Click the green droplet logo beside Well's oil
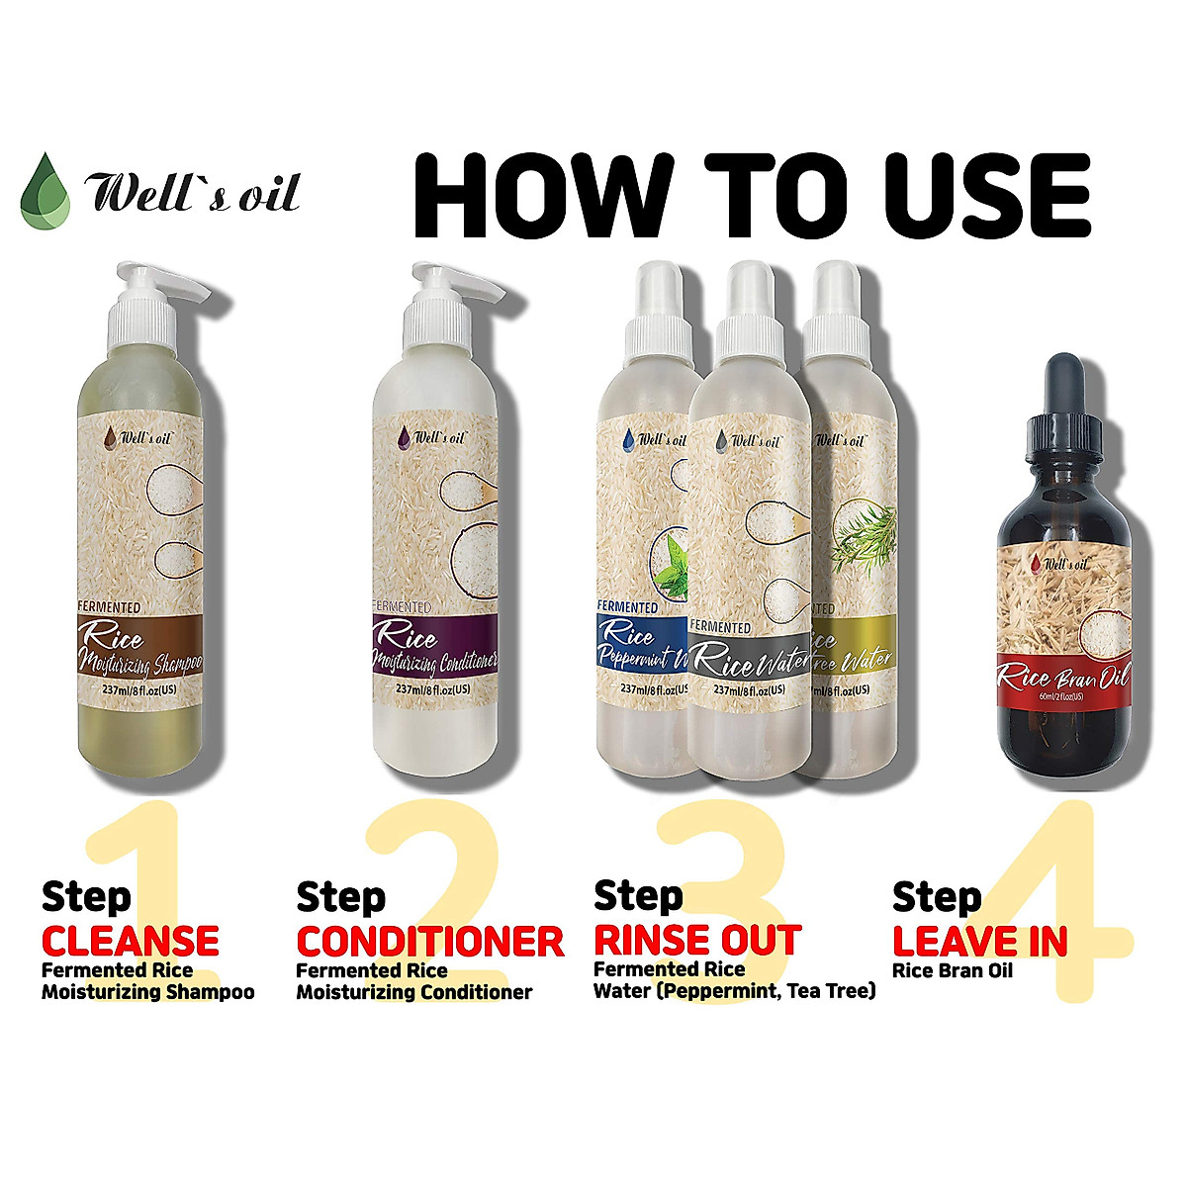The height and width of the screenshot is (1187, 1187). click(x=46, y=190)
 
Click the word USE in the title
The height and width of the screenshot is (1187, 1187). click(x=975, y=193)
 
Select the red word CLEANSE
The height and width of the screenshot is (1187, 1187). click(x=131, y=940)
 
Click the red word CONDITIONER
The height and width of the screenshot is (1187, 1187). click(x=430, y=940)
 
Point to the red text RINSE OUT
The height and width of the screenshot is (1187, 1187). click(x=696, y=940)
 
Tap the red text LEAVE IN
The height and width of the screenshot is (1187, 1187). click(x=979, y=940)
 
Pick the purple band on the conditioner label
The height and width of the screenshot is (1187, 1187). click(x=433, y=648)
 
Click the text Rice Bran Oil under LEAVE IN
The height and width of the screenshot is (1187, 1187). click(x=953, y=970)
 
